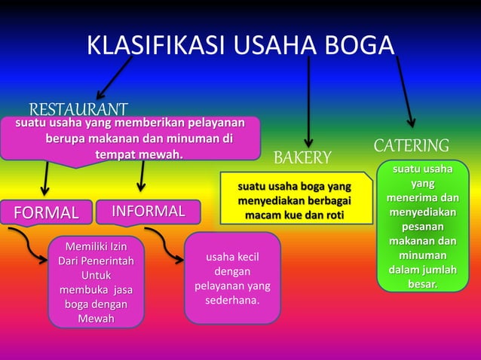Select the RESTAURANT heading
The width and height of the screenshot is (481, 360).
point(78,110)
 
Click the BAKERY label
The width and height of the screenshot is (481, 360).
point(302,157)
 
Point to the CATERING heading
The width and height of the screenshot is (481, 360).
point(411,145)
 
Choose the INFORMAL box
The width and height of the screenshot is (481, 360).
point(149,212)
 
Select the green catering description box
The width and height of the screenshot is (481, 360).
point(422,226)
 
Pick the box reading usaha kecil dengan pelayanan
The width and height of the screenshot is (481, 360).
point(232,279)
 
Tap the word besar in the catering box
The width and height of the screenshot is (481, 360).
point(422,284)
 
